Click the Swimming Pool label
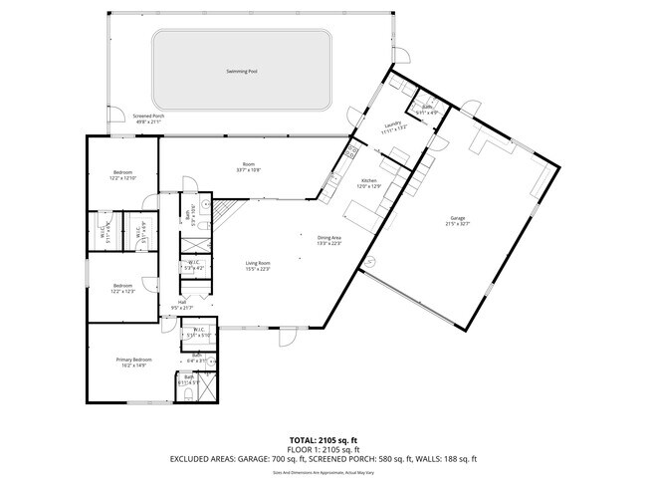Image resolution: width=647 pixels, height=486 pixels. [x=242, y=72]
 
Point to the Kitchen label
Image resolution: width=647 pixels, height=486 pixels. [x=370, y=181]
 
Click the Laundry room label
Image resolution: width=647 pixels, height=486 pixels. [x=390, y=123]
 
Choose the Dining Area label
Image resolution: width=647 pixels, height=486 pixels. [x=329, y=238]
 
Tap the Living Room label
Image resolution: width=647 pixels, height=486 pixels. [x=258, y=263]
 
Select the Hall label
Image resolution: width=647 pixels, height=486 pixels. [x=183, y=302]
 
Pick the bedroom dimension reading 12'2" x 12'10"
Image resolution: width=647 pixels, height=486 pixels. [x=122, y=177]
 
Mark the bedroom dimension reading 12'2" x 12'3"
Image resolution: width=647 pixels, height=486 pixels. [x=122, y=291]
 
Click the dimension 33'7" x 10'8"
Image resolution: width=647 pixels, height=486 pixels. [x=249, y=169]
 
